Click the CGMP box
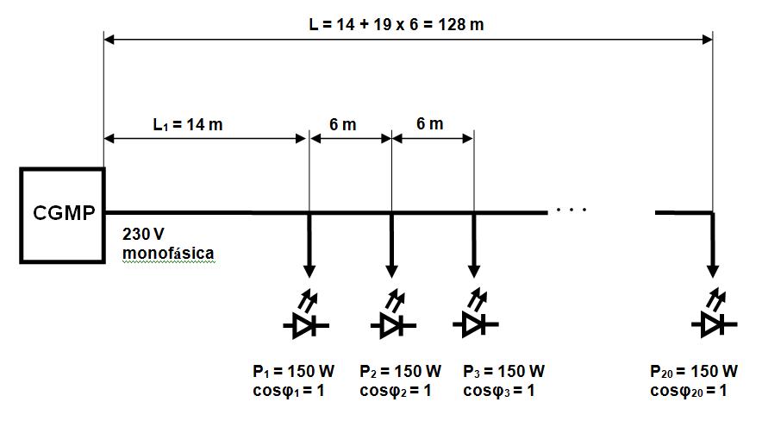pyautogui.click(x=63, y=213)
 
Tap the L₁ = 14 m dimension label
pyautogui.click(x=188, y=124)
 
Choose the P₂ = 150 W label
pyautogui.click(x=400, y=372)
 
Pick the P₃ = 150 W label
pyautogui.click(x=503, y=372)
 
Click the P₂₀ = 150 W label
pyautogui.click(x=694, y=372)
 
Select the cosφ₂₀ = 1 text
pyautogui.click(x=689, y=391)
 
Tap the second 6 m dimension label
pyautogui.click(x=428, y=124)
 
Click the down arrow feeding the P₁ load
pyautogui.click(x=309, y=242)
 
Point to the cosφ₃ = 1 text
pyautogui.click(x=499, y=391)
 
